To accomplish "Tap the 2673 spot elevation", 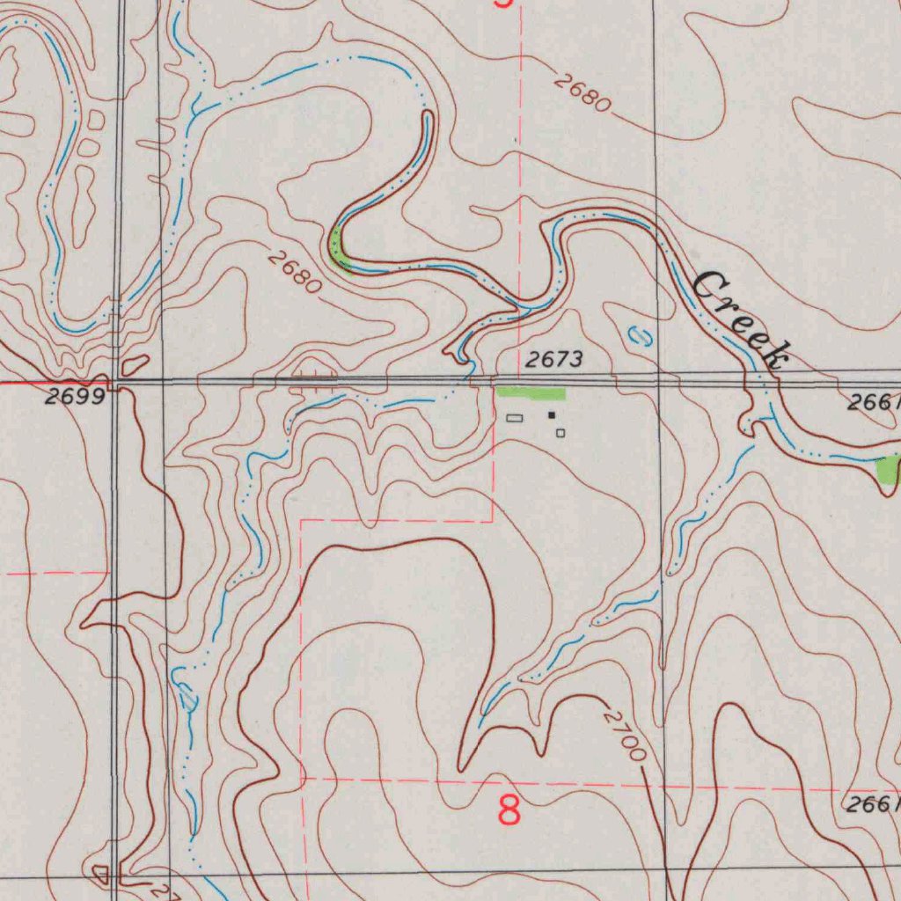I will click(554, 359).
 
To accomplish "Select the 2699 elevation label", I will click(75, 397).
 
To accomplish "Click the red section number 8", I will click(509, 809).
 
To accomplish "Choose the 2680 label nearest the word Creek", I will click(582, 93).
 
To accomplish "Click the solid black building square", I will click(552, 414).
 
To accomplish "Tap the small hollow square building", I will click(560, 432).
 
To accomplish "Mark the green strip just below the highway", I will click(530, 392).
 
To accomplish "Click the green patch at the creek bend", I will click(340, 248).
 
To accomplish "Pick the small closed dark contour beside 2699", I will click(136, 363).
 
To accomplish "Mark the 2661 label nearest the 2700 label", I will click(871, 804).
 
